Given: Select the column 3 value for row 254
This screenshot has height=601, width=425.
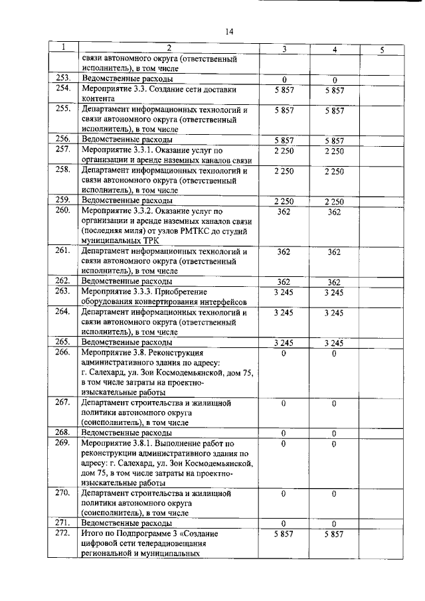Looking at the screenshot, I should click(x=284, y=89).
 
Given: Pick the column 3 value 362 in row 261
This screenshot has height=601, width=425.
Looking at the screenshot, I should click(x=284, y=252).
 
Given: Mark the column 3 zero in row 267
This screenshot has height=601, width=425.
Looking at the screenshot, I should click(x=284, y=402).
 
